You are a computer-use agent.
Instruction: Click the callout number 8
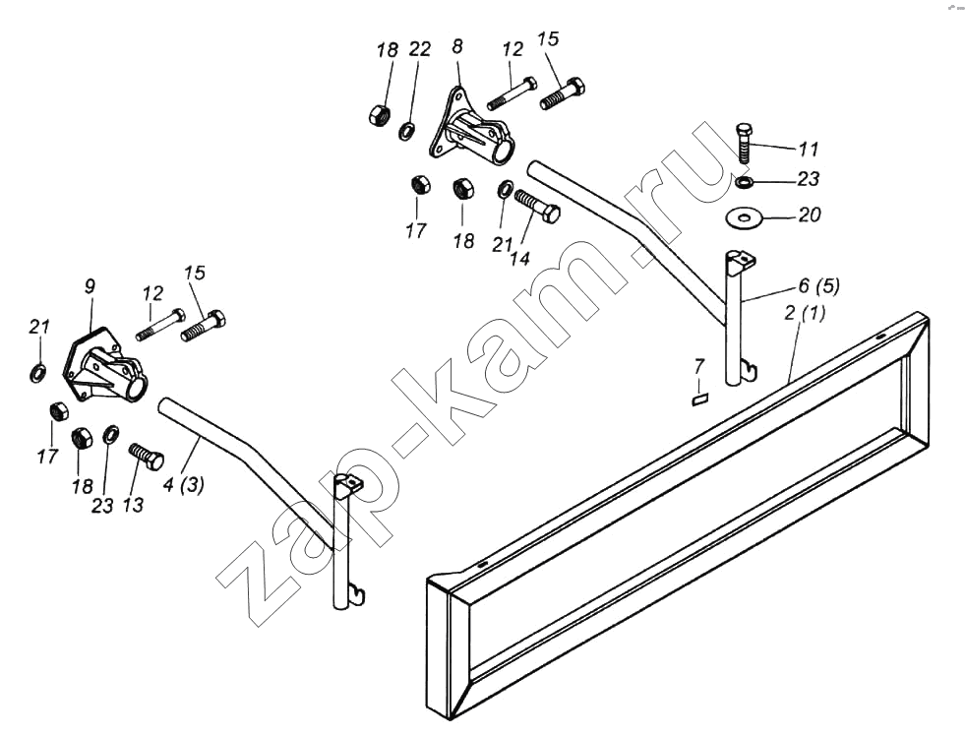tap(457, 47)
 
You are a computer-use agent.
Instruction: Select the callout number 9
tap(90, 285)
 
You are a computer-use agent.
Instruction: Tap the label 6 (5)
tap(818, 286)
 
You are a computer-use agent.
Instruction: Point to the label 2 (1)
tap(805, 313)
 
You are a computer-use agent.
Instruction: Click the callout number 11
tap(808, 149)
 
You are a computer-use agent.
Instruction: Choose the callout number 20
tap(810, 215)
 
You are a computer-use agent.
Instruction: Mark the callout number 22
tap(420, 49)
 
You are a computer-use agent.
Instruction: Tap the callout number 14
tap(520, 258)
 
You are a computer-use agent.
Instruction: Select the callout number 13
tap(133, 504)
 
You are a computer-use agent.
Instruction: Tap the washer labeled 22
tap(407, 131)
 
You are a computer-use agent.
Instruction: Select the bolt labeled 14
tap(537, 206)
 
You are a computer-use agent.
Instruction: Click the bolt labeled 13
tap(147, 456)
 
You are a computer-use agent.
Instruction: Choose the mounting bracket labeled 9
tap(104, 364)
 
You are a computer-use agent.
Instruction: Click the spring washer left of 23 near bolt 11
tap(745, 182)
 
